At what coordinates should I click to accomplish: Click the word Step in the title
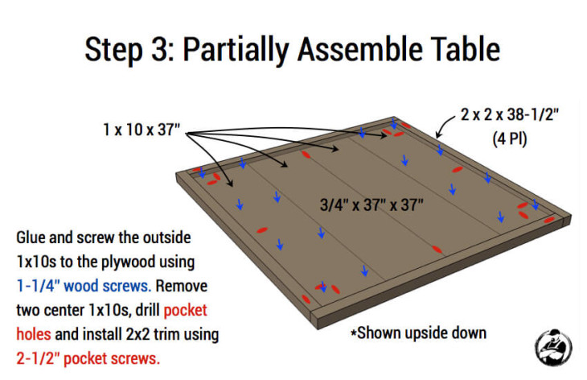[113, 50]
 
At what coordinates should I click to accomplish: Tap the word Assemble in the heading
[359, 49]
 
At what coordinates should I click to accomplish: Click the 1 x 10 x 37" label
[142, 130]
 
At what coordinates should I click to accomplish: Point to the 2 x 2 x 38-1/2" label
[510, 114]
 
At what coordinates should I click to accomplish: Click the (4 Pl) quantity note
[510, 139]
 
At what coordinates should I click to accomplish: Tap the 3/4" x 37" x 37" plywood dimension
[371, 204]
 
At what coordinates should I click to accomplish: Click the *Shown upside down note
[418, 332]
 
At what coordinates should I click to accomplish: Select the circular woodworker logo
[553, 348]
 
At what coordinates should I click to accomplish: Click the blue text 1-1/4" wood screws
[84, 286]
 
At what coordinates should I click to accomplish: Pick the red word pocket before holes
[185, 311]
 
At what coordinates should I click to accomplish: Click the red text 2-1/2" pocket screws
[88, 358]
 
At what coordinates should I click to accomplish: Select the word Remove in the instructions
[182, 286]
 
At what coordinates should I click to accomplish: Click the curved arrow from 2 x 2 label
[444, 125]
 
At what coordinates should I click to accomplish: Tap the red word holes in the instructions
[34, 334]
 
